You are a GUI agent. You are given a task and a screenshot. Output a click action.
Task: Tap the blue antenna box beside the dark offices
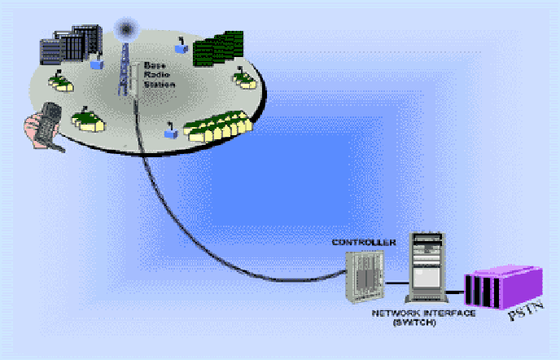(x=98, y=62)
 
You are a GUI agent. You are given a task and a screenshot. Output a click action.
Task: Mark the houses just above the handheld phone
(x=88, y=121)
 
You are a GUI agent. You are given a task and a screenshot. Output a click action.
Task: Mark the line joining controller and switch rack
(x=396, y=283)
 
